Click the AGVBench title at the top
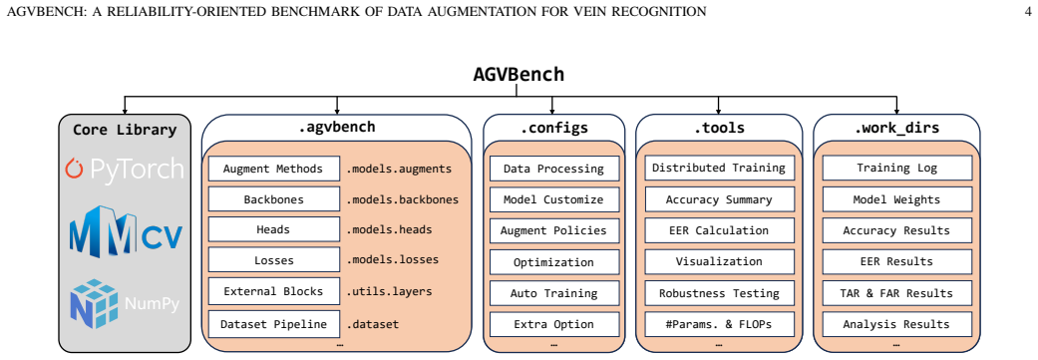coord(519,74)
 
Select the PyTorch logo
coord(125,169)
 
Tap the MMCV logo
coord(125,231)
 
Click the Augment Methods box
coord(273,169)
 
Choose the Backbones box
coord(273,199)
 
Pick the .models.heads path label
coord(389,229)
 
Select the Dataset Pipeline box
coord(273,324)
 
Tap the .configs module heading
coord(554,128)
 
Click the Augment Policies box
coord(554,231)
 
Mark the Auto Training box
coord(554,293)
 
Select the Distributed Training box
coord(719,169)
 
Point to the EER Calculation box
coord(719,230)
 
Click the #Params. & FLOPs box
coord(719,324)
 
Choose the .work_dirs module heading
coord(896,128)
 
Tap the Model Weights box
coord(897,199)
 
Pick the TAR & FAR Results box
coord(897,293)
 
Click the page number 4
coord(1027,11)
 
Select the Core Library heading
coord(125,130)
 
